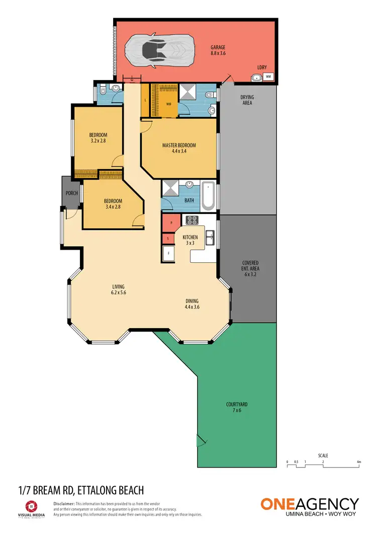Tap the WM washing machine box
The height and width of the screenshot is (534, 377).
268,77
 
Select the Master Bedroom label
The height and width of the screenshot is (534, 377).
178,148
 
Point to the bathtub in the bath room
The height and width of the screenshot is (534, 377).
209,196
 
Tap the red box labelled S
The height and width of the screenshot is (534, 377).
167,239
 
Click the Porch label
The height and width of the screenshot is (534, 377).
70,193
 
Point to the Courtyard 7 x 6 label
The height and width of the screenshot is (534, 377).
237,407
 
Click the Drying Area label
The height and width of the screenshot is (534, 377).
246,100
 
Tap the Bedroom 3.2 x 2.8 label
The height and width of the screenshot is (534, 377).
98,138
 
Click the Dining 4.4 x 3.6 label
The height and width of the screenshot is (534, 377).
196,303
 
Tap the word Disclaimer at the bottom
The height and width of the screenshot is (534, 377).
63,503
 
